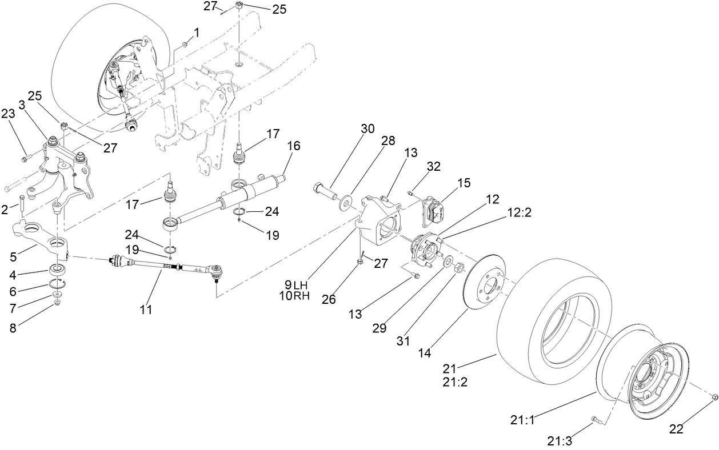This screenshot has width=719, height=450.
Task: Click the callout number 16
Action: coord(293,146)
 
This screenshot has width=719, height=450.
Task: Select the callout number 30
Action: coord(368,128)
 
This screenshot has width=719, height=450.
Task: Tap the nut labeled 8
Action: coord(58,303)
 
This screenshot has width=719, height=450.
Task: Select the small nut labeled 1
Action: coord(185,43)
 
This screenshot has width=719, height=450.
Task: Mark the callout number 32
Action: coord(434,167)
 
